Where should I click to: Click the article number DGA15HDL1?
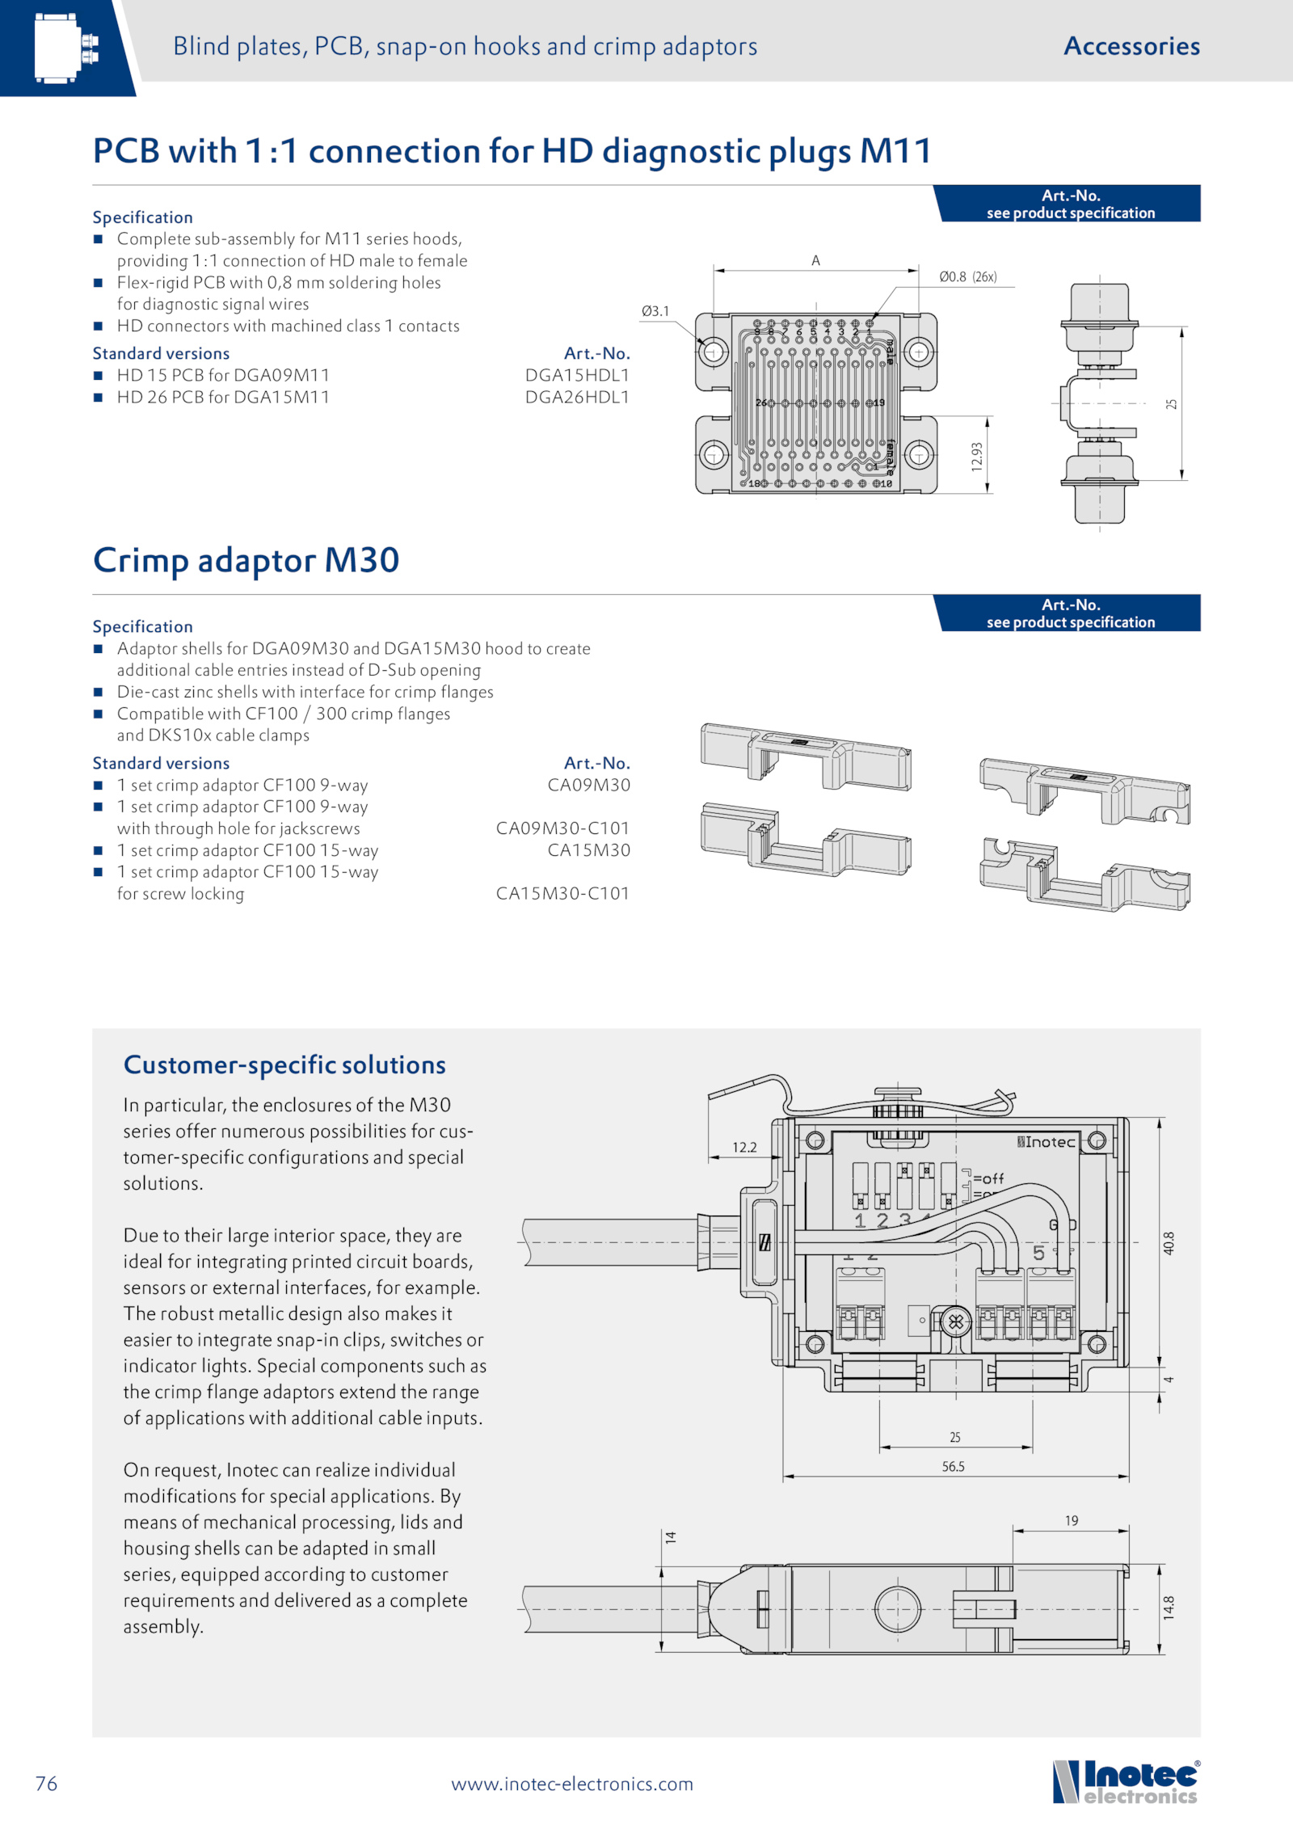click(577, 375)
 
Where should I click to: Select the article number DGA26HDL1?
click(577, 397)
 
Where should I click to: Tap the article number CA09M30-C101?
click(562, 828)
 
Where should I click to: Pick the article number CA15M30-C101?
click(562, 893)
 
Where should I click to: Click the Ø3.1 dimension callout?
click(655, 311)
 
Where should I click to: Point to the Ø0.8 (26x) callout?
click(968, 276)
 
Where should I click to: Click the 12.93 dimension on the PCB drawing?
click(977, 457)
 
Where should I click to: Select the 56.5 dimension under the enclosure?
click(954, 1466)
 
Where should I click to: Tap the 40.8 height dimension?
click(1169, 1243)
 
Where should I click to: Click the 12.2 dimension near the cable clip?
click(744, 1148)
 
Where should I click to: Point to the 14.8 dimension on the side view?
click(1169, 1608)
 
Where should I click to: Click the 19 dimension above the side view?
click(1072, 1521)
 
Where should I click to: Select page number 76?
click(47, 1784)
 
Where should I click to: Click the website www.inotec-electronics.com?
click(572, 1784)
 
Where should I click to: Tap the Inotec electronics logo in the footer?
click(1127, 1781)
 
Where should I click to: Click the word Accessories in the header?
click(1132, 46)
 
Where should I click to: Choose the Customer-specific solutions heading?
click(284, 1065)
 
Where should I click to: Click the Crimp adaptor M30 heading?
click(246, 560)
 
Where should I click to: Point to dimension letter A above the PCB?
click(816, 260)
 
